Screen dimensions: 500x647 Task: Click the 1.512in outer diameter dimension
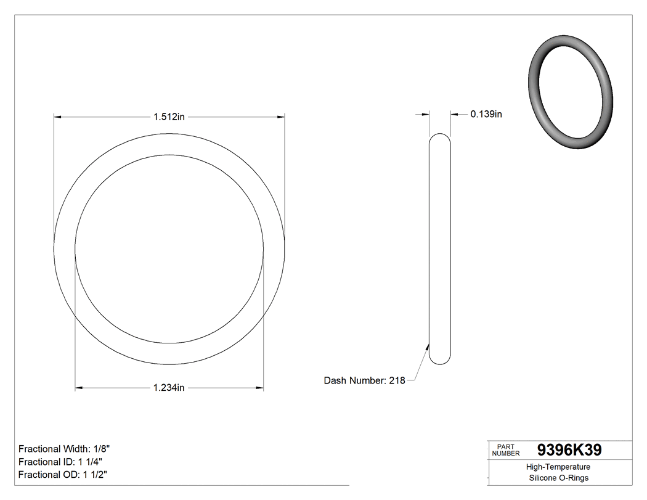coord(169,117)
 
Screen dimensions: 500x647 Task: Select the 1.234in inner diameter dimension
coord(169,388)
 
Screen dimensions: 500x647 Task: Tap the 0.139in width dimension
coord(486,114)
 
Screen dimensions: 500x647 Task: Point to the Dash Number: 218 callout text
coord(364,380)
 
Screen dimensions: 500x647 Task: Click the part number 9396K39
coord(569,450)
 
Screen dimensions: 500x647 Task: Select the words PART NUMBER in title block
coord(506,449)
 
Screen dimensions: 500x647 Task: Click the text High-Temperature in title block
coord(558,467)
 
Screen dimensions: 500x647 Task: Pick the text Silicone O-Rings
coord(558,478)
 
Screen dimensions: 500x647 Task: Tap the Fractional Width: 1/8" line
coord(65,449)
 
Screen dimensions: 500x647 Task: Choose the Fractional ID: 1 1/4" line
coord(60,462)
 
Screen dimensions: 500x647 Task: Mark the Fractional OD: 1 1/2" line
coord(64,475)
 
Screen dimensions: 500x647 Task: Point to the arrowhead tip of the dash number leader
coord(429,342)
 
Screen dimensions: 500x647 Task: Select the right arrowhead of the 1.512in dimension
coord(281,117)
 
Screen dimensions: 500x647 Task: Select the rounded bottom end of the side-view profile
coord(440,362)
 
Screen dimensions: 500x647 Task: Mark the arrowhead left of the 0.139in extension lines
coord(425,114)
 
